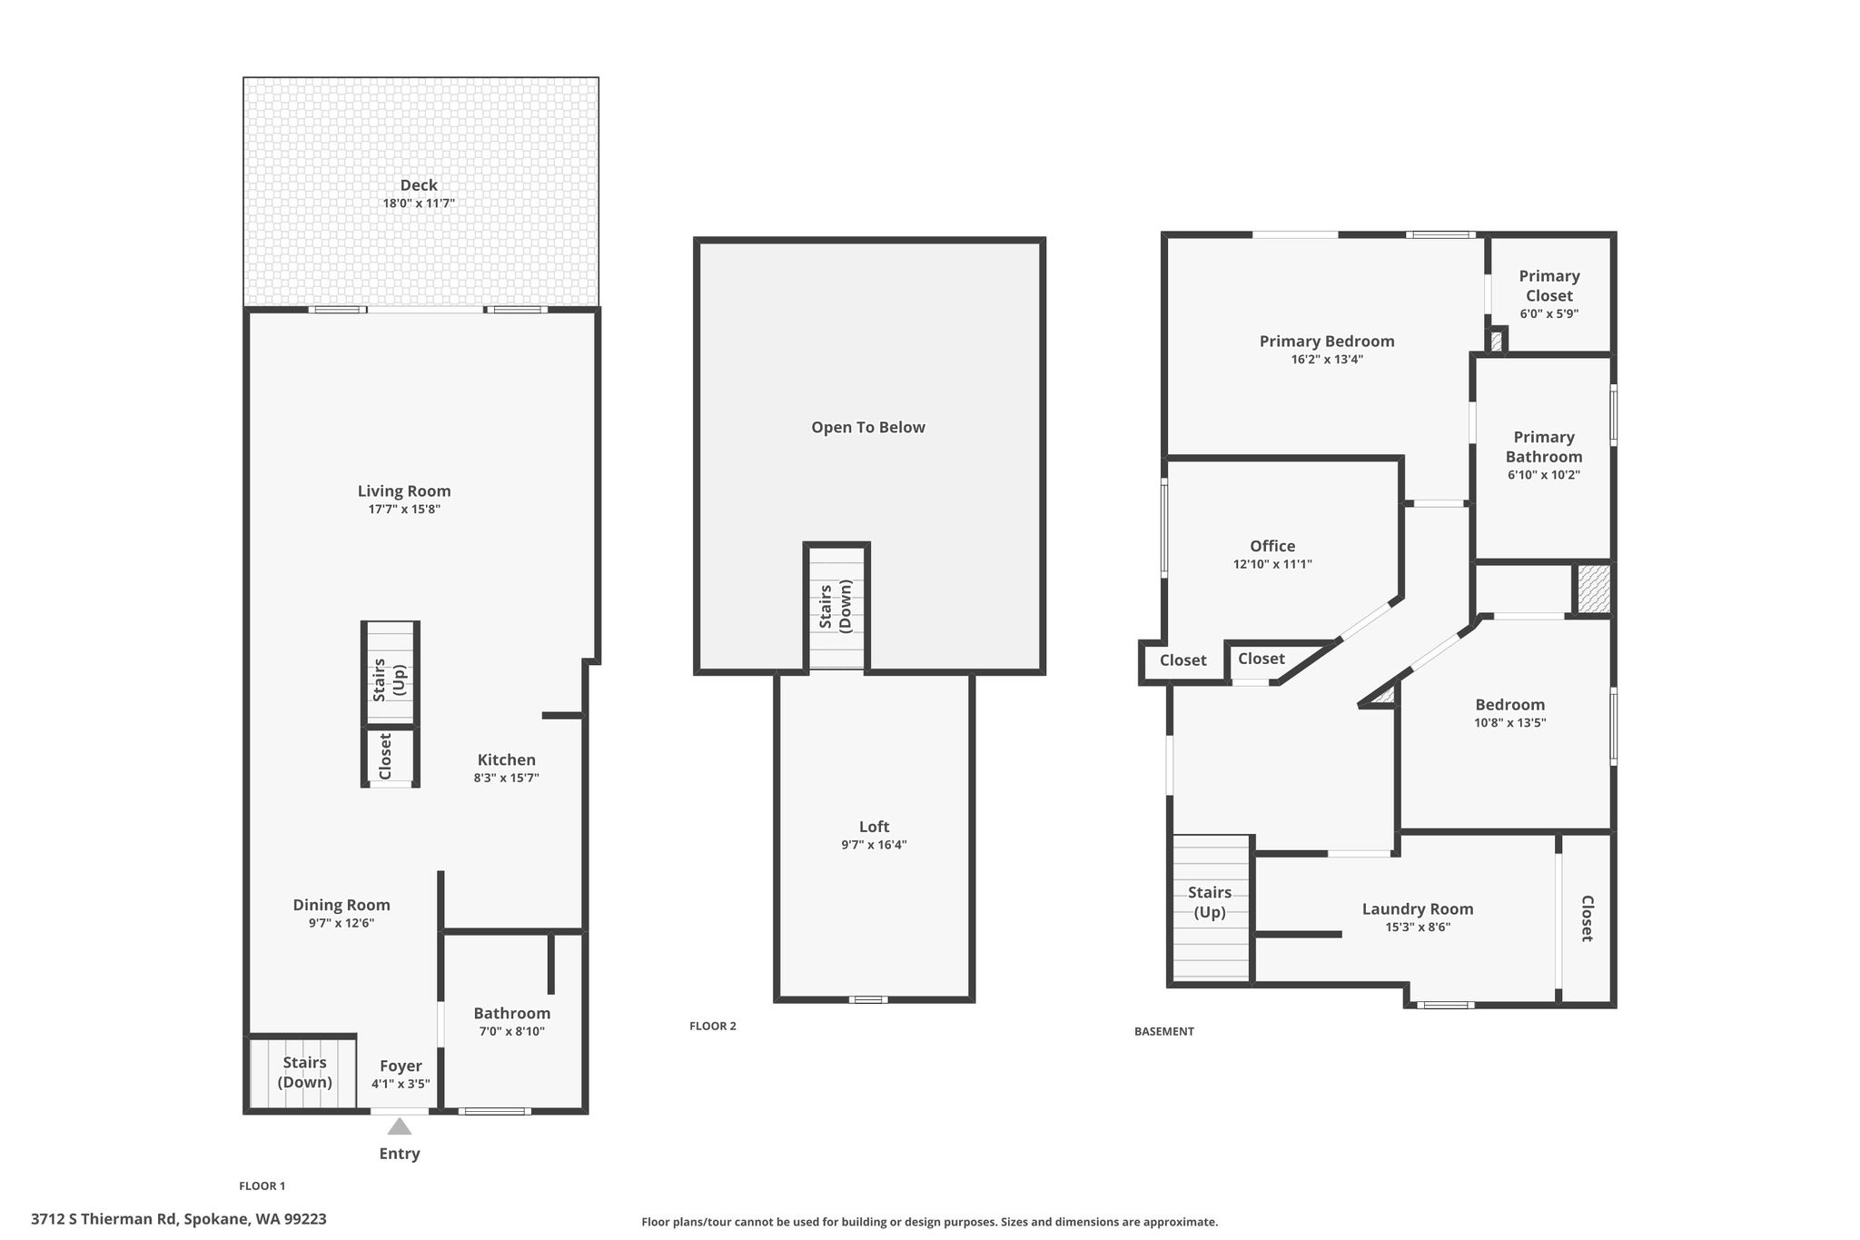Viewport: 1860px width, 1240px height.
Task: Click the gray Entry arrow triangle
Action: coord(400,1126)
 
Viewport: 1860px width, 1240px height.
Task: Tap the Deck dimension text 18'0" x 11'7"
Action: coord(419,203)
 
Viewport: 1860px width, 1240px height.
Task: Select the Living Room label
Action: coord(404,491)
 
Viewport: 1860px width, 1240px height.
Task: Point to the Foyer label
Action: coord(401,1066)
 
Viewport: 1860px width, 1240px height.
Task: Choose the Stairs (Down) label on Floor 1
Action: coord(304,1073)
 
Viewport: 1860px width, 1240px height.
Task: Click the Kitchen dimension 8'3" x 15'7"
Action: coord(507,778)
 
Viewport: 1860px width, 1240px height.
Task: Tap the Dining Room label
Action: coord(341,905)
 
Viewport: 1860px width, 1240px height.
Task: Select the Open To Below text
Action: coord(868,428)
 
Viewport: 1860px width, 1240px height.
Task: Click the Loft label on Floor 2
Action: coord(874,827)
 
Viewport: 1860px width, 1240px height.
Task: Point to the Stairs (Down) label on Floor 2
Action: coord(836,607)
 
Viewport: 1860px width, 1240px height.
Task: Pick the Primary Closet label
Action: coord(1549,286)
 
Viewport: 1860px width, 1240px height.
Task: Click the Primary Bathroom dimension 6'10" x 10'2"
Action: coord(1544,475)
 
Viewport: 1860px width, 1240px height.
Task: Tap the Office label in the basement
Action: coord(1272,546)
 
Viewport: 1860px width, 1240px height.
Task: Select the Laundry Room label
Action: coord(1418,909)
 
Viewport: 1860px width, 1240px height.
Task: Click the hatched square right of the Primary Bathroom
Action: coord(1592,589)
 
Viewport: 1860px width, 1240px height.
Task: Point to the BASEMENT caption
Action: coord(1164,1031)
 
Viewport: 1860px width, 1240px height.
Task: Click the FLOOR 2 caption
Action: coord(713,1027)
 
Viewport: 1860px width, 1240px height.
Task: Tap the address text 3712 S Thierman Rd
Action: coord(104,1219)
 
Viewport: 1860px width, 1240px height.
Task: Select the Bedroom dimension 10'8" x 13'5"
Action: coord(1509,723)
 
